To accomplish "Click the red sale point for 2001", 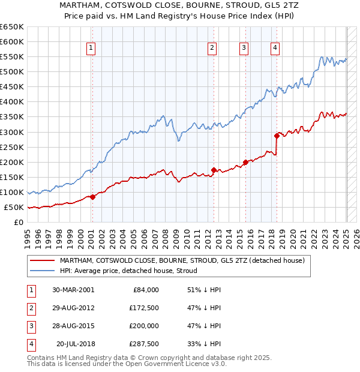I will point(92,197).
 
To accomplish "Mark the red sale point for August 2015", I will point(246,162).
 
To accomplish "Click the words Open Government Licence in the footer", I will point(166,364).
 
